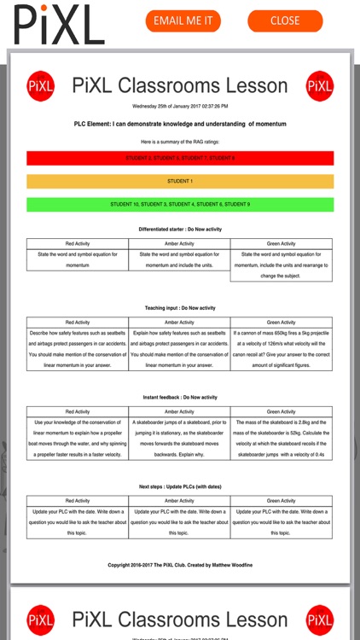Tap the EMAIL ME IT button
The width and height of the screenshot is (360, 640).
(183, 21)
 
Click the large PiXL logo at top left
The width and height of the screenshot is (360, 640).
(59, 23)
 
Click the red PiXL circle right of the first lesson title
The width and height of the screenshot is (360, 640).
(320, 85)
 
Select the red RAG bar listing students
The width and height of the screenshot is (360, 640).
(180, 158)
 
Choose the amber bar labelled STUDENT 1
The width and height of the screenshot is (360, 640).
(180, 181)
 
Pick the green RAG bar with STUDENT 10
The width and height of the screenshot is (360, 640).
(180, 205)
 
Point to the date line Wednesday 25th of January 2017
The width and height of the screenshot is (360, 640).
(180, 106)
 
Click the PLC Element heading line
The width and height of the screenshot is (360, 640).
(180, 124)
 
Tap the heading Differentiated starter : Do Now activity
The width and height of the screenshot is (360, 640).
(180, 230)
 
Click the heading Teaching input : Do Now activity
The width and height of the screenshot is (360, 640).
(180, 307)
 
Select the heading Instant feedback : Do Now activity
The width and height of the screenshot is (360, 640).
(180, 398)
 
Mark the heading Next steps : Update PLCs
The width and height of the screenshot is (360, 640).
(180, 487)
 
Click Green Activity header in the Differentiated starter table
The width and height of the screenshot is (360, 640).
(282, 244)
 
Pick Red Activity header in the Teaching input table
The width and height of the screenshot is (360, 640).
(78, 323)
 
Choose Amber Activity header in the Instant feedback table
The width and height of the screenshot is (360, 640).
(180, 412)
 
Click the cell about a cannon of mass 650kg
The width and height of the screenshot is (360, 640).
(282, 348)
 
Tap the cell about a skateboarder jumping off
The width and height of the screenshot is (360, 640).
(180, 438)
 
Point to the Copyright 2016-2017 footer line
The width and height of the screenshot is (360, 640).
(180, 565)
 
